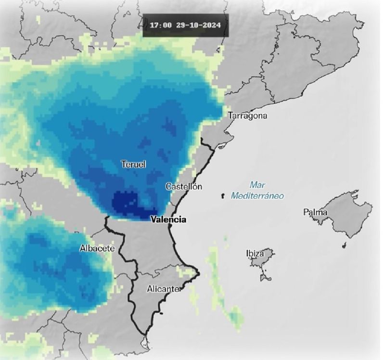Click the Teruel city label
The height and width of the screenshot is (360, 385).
[x=133, y=165]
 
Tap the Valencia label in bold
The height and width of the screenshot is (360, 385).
[x=168, y=219]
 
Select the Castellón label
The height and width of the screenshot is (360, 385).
[x=183, y=187]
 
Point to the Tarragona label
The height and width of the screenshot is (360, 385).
[x=248, y=116]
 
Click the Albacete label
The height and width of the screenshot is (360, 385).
[x=97, y=248]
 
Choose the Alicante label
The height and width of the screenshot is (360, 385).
[x=163, y=289]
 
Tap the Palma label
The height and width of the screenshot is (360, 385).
[x=315, y=212]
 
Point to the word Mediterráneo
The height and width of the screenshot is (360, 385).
[x=257, y=196]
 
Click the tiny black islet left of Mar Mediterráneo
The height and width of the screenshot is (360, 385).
[x=222, y=196]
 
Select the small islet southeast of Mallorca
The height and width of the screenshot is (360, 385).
[x=344, y=246]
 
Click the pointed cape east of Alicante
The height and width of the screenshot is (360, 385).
[x=197, y=274]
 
